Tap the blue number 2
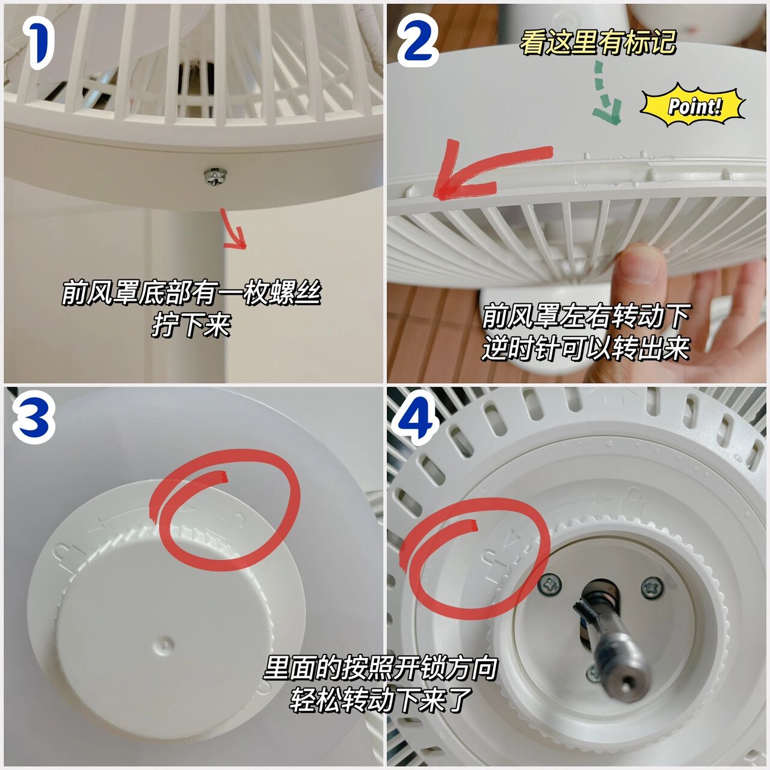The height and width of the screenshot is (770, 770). click(x=417, y=41)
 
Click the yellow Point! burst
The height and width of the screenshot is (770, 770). click(x=693, y=106)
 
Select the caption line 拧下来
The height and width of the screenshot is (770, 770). click(x=191, y=325)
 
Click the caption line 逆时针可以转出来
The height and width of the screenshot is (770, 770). click(x=585, y=348)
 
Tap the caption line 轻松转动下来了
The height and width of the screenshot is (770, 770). click(x=380, y=699)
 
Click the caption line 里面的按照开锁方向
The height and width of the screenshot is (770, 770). click(x=380, y=667)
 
